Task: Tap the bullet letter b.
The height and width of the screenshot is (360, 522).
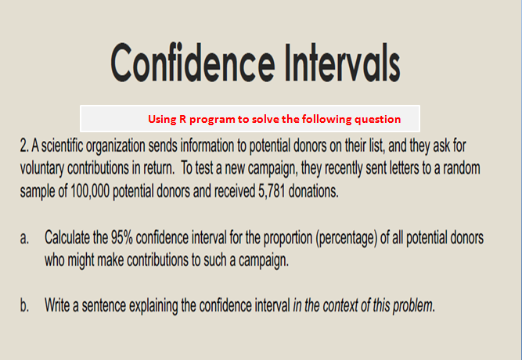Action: point(26,303)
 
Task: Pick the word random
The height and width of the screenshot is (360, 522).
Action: point(462,169)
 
